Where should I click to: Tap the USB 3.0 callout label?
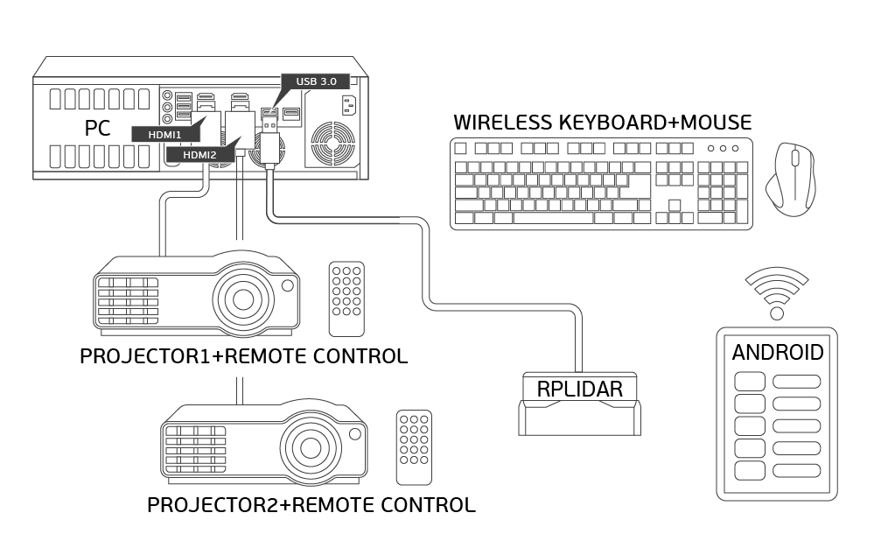click(x=316, y=81)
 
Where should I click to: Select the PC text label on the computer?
click(x=97, y=128)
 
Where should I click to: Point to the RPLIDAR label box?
click(x=579, y=389)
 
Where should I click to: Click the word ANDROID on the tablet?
click(x=777, y=353)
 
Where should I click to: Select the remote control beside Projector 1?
click(x=346, y=299)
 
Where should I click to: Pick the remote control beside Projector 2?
click(x=414, y=446)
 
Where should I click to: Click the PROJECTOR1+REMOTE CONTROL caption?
click(x=243, y=356)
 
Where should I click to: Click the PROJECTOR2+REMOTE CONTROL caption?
click(x=311, y=505)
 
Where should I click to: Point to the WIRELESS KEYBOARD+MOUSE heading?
click(x=602, y=122)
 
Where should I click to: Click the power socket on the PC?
click(x=350, y=106)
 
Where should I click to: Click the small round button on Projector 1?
click(x=287, y=285)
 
